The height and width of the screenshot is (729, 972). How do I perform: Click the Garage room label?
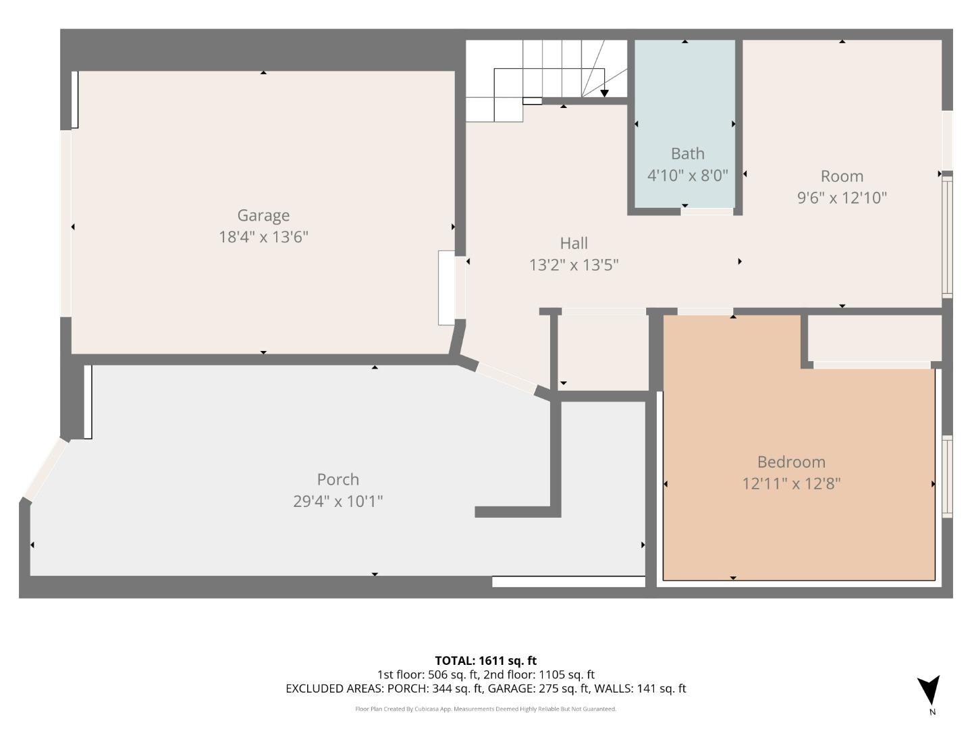coord(263,215)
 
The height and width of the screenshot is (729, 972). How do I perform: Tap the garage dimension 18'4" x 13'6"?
coord(263,237)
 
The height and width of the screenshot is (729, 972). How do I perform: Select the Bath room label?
coord(687,154)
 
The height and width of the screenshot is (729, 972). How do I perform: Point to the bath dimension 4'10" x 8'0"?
coord(687,175)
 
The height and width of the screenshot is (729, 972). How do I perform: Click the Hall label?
coord(574,243)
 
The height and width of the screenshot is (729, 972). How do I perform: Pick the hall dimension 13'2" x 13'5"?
coord(574,265)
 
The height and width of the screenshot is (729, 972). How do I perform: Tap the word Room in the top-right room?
coord(842,176)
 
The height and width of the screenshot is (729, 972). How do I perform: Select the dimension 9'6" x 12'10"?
coord(842,198)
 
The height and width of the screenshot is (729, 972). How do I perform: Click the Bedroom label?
coord(791,462)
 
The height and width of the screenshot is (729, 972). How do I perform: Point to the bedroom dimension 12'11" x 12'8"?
coord(791,484)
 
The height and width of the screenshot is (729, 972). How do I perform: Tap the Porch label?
coord(337,479)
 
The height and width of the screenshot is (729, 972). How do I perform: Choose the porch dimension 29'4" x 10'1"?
coord(337,502)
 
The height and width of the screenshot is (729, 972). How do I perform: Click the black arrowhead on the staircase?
coord(604,94)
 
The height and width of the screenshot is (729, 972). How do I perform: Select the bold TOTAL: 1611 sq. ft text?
coord(485,661)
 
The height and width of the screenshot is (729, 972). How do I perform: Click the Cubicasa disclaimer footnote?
coord(485,709)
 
